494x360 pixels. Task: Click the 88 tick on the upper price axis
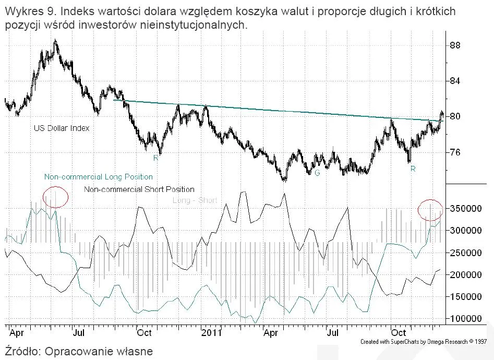point(455,45)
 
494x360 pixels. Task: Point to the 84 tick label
point(455,81)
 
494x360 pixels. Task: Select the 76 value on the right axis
point(455,152)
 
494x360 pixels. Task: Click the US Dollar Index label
point(62,128)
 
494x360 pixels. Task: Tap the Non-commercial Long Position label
point(99,177)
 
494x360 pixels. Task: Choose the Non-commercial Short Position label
point(139,189)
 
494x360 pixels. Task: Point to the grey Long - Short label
point(195,200)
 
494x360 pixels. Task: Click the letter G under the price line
point(317,172)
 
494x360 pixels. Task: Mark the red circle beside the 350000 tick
point(430,209)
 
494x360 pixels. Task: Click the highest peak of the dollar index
point(56,41)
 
